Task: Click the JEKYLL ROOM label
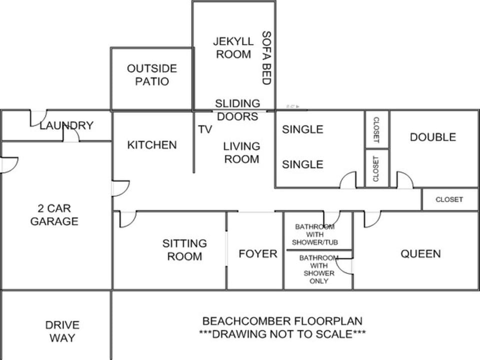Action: tap(233, 48)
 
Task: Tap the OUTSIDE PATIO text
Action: tap(152, 74)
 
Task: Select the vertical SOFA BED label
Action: tap(266, 58)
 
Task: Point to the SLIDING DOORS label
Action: tap(237, 110)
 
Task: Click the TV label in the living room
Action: tap(205, 129)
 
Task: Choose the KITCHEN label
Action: tap(152, 145)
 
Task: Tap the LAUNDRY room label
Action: tap(66, 125)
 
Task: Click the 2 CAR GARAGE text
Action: tap(54, 214)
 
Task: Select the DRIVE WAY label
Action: tap(62, 331)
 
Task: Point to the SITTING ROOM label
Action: tap(184, 250)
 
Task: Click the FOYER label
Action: tap(258, 254)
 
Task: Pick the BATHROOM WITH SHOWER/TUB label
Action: tap(314, 234)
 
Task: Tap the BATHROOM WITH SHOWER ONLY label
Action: tap(319, 269)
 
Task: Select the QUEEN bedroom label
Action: tap(420, 254)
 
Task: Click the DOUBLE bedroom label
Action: tap(433, 137)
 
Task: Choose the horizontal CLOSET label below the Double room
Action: tap(449, 199)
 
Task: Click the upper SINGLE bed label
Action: tap(302, 129)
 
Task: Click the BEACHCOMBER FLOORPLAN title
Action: tap(282, 321)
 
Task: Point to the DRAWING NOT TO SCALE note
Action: tap(282, 333)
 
